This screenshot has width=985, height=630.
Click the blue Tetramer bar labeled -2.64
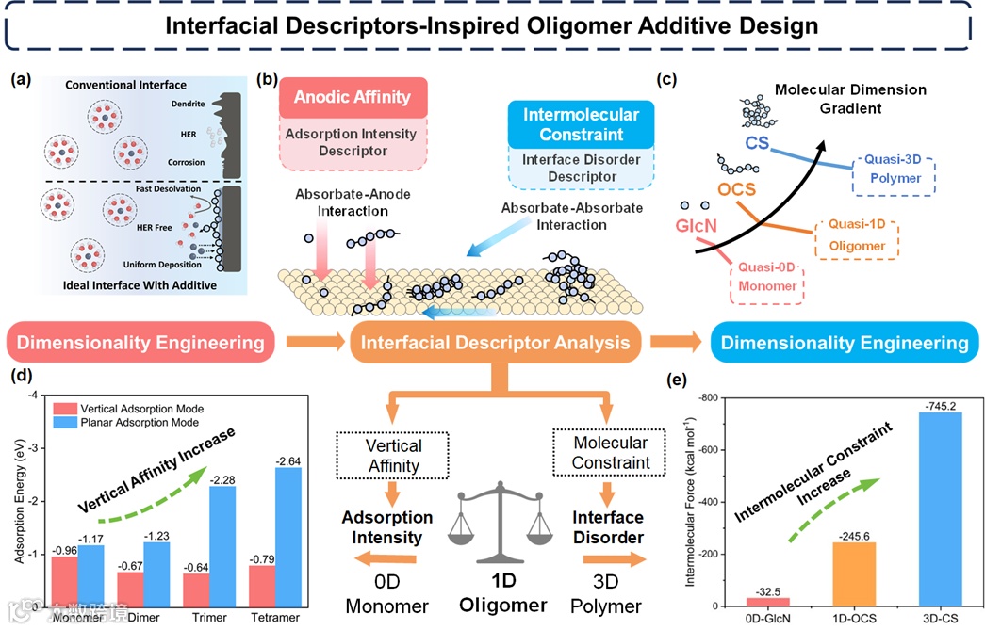(x=235, y=537)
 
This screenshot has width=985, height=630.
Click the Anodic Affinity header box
(x=352, y=97)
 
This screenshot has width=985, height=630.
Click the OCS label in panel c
(x=736, y=188)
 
